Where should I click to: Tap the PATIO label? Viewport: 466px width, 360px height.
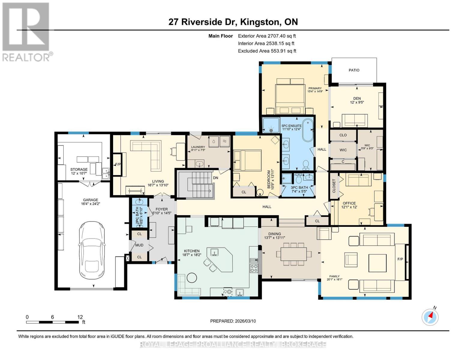point(354,70)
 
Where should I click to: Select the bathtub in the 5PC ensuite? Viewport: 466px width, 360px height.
point(308,130)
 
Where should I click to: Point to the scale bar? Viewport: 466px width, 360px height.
point(53,322)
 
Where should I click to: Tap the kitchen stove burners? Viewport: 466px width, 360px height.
point(254,268)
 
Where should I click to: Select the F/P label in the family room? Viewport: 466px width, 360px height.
point(400,259)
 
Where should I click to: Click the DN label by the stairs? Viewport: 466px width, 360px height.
point(215,178)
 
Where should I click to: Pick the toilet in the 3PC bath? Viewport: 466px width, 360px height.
point(299,179)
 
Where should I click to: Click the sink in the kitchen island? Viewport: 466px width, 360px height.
point(215,252)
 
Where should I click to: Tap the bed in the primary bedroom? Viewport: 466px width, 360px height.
point(290,94)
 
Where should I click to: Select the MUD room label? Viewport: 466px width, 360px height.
point(139,245)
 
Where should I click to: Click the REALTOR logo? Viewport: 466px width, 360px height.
point(26,31)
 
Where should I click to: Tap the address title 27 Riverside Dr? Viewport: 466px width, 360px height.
point(233,22)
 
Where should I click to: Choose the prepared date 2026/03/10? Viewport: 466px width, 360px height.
point(233,321)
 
